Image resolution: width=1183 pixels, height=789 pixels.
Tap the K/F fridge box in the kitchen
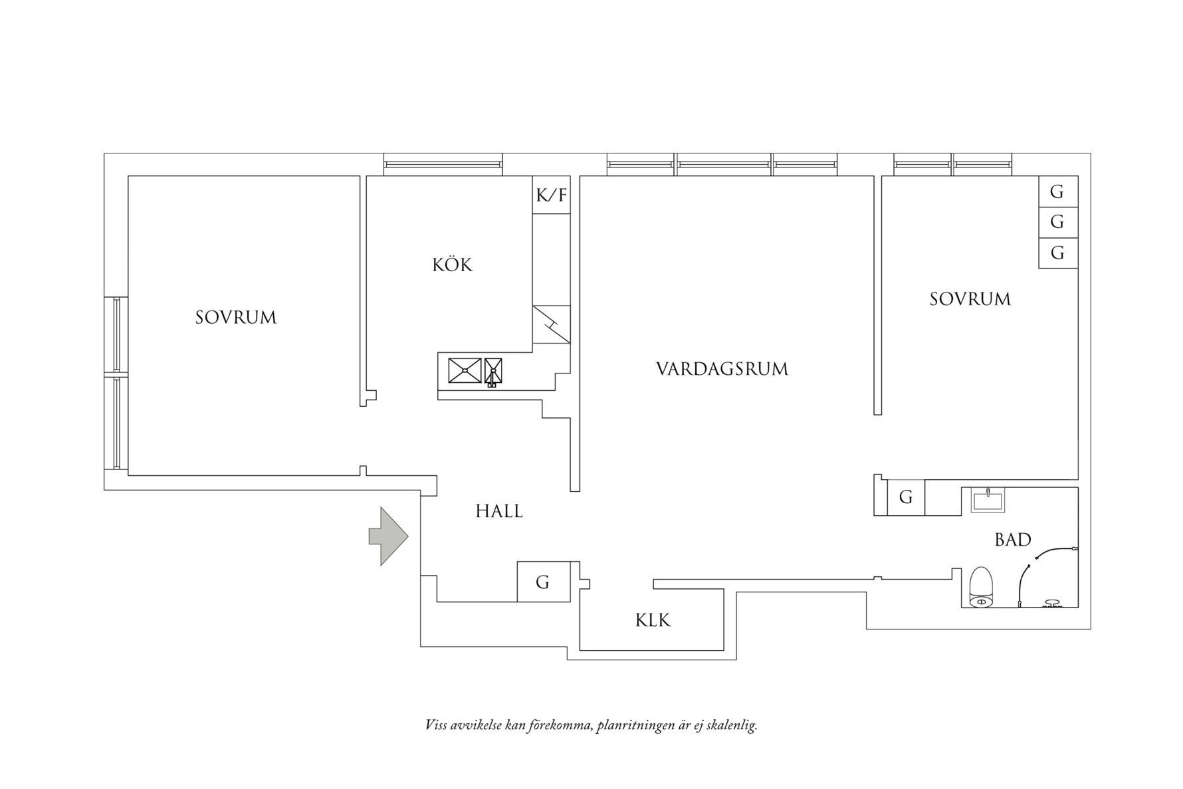point(552,195)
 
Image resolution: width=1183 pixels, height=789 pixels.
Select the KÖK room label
point(452,265)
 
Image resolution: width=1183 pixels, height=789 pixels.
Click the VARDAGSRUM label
point(722,369)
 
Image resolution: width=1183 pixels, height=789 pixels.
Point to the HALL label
point(499,511)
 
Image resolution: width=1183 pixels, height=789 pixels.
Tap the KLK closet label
point(653,620)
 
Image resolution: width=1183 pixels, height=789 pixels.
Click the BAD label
point(1012,540)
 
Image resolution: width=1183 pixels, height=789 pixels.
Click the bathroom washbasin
point(988,500)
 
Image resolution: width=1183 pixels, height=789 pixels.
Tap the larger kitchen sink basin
point(465,370)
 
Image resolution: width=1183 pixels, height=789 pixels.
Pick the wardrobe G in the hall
point(543,582)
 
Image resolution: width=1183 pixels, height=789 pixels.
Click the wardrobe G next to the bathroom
point(905,497)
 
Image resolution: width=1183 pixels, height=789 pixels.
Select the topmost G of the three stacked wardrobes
point(1057,192)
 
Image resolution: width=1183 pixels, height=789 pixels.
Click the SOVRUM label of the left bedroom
point(236,318)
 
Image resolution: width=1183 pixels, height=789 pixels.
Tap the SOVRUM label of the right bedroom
point(970,299)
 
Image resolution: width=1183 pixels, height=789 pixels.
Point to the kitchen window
point(443,164)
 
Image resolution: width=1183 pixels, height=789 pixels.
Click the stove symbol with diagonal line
point(551,324)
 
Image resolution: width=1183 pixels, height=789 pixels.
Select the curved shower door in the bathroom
point(1037,565)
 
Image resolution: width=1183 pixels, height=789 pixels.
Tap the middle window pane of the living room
point(723,164)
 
